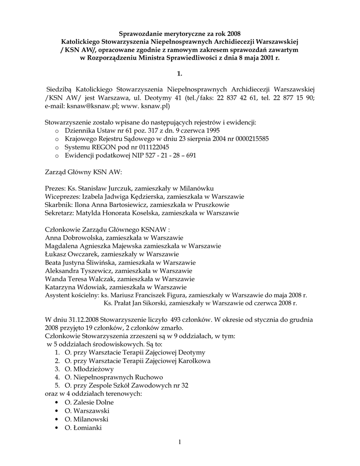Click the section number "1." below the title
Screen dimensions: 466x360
click(179, 73)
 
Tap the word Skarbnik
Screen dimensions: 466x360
click(58, 205)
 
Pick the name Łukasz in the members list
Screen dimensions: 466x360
click(57, 254)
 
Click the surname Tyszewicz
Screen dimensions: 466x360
click(95, 270)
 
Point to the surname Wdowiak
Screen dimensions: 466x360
click(91, 287)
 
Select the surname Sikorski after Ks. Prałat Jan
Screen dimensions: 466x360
click(157, 303)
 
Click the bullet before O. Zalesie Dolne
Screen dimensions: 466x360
click(56, 403)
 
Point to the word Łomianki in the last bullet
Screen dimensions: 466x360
click(87, 427)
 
